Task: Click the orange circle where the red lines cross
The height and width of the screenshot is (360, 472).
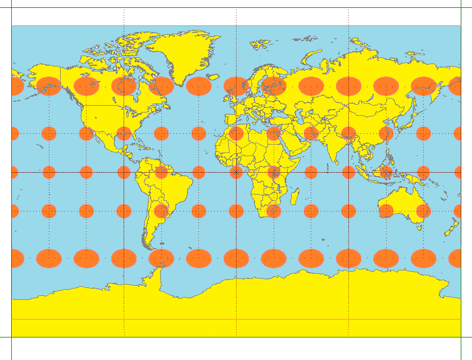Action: coord(236,172)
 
